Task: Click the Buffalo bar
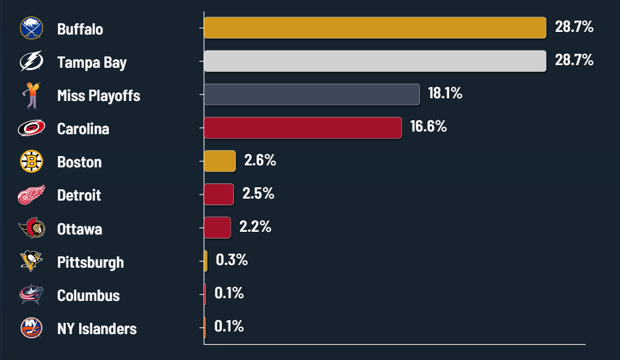[x=375, y=28]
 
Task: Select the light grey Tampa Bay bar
[x=375, y=61]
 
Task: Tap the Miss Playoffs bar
[x=312, y=94]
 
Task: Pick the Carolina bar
[x=302, y=128]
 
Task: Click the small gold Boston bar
[x=220, y=161]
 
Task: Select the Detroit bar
[x=219, y=194]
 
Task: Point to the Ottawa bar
[x=217, y=227]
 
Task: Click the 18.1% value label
[x=445, y=94]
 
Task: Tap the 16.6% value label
[x=428, y=127]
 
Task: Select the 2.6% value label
[x=260, y=160]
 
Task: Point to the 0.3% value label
[x=231, y=260]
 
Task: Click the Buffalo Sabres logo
[x=31, y=29]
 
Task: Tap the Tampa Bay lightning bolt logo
[x=31, y=62]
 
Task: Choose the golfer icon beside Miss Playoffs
[x=31, y=96]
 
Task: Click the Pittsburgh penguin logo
[x=31, y=261]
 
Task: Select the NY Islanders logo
[x=31, y=328]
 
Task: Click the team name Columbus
[x=88, y=296]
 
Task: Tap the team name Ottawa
[x=80, y=229]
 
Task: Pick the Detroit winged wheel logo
[x=31, y=195]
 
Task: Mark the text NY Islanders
[x=97, y=329]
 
